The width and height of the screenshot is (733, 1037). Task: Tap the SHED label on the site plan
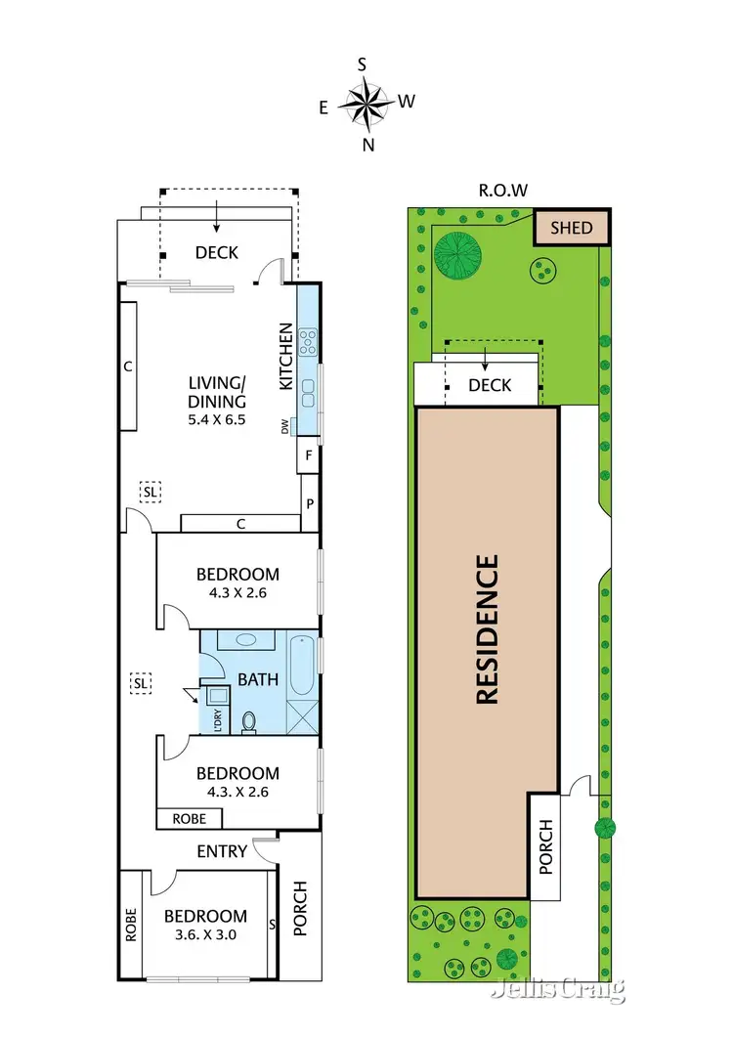pyautogui.click(x=571, y=228)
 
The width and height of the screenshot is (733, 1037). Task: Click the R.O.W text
pyautogui.click(x=504, y=192)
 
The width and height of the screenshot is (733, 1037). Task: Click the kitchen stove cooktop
pyautogui.click(x=308, y=340)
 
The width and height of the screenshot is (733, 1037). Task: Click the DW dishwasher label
pyautogui.click(x=286, y=426)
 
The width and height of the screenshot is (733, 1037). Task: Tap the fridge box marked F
pyautogui.click(x=309, y=454)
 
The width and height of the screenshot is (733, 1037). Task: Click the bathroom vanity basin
pyautogui.click(x=241, y=641)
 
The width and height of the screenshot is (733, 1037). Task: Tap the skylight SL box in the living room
pyautogui.click(x=150, y=493)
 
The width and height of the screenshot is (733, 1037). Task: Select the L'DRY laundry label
pyautogui.click(x=217, y=720)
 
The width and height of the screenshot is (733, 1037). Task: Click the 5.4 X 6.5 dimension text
pyautogui.click(x=215, y=419)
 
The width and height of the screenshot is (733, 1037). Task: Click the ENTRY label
pyautogui.click(x=222, y=851)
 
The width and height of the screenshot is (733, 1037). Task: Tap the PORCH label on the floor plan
pyautogui.click(x=299, y=909)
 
